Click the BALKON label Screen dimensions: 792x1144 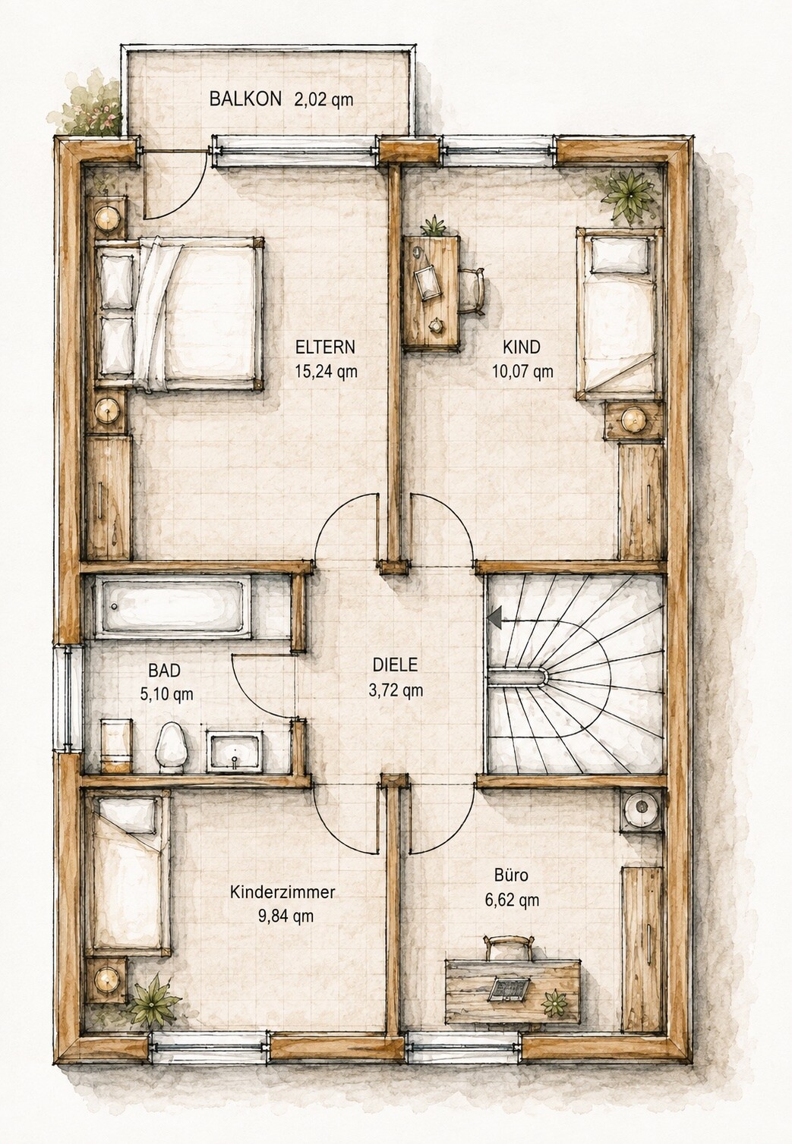click(x=245, y=99)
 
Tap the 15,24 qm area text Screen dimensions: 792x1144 click(x=326, y=371)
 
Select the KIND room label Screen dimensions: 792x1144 click(x=522, y=347)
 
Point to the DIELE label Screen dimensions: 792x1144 click(x=395, y=665)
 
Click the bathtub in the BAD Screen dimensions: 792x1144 click(x=173, y=607)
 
